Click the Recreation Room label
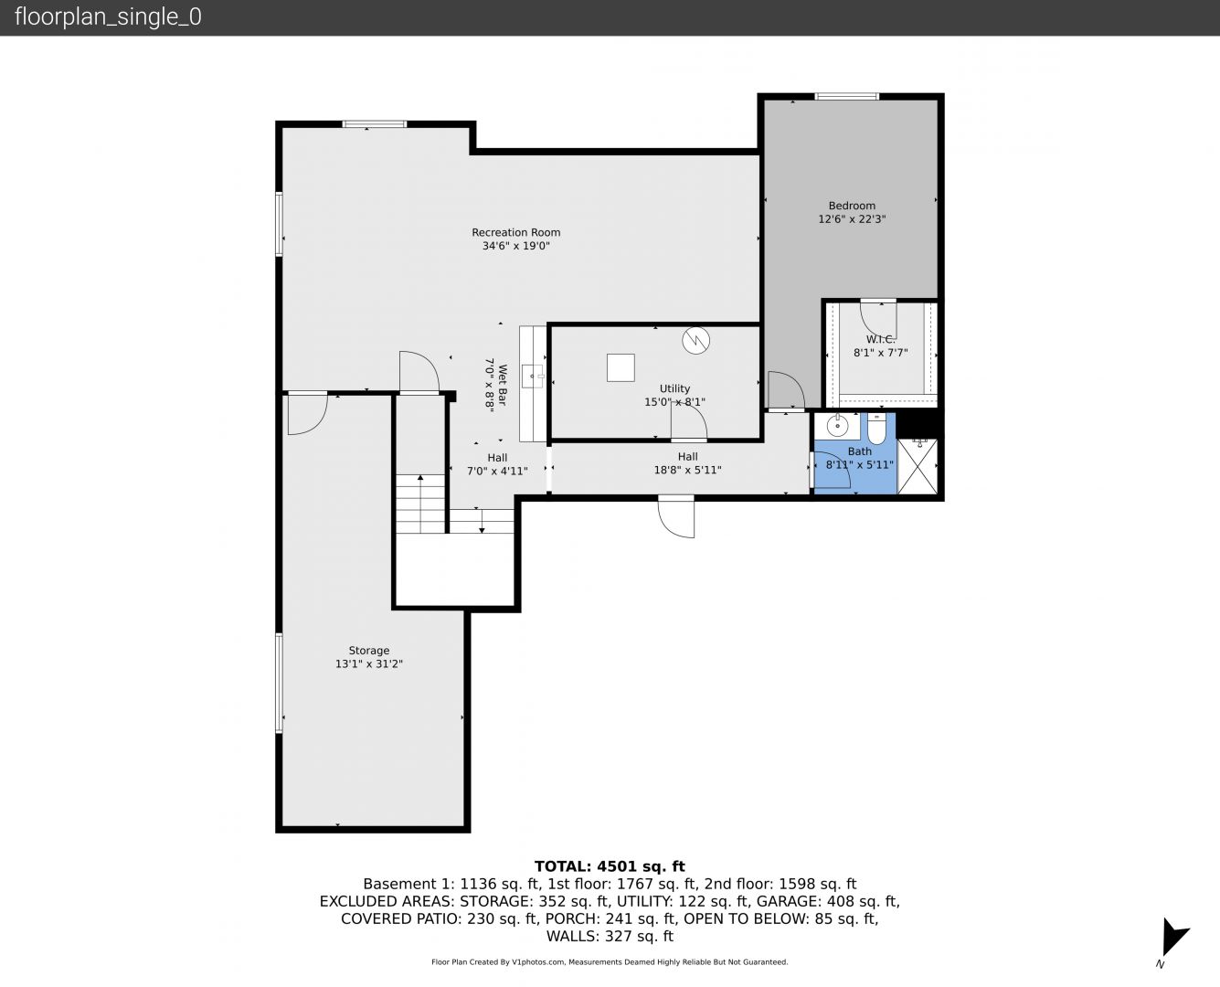point(516,232)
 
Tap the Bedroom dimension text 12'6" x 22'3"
point(852,218)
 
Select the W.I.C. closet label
point(880,340)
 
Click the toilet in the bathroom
point(876,429)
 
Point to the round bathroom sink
point(837,426)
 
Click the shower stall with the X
point(917,466)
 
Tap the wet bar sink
point(532,377)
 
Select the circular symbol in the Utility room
point(696,340)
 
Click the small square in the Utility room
point(621,367)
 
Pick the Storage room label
point(369,650)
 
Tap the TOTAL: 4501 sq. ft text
point(610,866)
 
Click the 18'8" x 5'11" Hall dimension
point(687,471)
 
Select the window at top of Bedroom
point(847,96)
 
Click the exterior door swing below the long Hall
point(676,516)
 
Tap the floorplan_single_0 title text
point(108,17)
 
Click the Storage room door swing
point(307,414)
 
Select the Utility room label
point(674,388)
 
